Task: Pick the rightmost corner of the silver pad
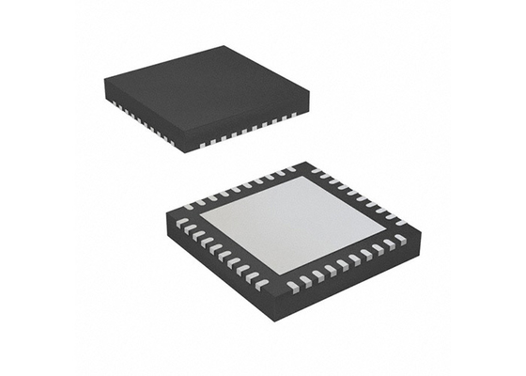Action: point(384,227)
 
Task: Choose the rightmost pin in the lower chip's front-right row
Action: point(401,240)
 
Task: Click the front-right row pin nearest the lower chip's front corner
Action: point(294,285)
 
